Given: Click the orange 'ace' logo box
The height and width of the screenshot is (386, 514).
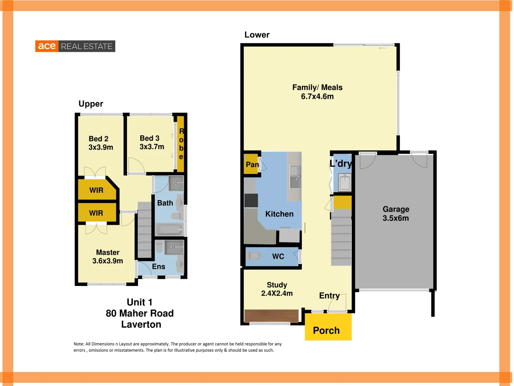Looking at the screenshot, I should (x=47, y=46).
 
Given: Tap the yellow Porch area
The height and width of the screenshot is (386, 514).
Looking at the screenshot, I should (x=328, y=327).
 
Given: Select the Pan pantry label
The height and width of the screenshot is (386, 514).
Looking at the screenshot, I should (x=252, y=164).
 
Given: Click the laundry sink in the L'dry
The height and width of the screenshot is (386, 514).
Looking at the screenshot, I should (x=345, y=183).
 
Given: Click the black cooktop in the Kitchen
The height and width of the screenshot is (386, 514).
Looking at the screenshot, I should (x=251, y=201).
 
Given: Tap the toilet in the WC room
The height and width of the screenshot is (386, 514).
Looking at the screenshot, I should (x=253, y=256).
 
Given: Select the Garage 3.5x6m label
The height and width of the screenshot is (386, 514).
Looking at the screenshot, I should (x=395, y=214).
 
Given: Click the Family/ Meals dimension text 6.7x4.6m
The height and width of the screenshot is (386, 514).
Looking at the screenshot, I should (x=317, y=96).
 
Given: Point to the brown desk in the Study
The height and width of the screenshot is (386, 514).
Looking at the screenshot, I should (x=271, y=316).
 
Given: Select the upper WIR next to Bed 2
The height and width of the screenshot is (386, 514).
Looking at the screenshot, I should (x=97, y=190).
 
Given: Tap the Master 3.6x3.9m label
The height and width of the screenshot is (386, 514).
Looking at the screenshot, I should (x=107, y=257).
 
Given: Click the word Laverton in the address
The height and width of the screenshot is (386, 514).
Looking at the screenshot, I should (x=141, y=325).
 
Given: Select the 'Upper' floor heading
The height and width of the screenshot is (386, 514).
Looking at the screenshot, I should (x=91, y=104).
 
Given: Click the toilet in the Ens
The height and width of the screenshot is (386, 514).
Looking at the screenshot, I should (x=160, y=246).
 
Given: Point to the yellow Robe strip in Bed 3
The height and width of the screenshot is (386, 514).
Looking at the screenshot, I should (x=181, y=144).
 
